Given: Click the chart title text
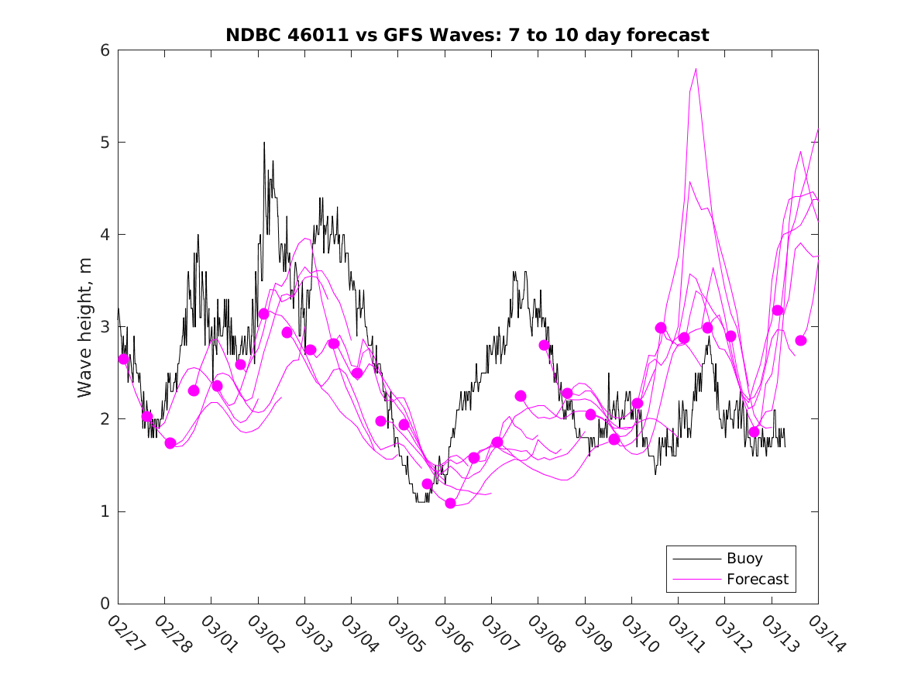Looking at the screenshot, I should coord(467,35).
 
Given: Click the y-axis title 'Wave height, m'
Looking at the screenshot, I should coord(86,328).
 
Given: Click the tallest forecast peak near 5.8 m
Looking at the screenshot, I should coord(696,69).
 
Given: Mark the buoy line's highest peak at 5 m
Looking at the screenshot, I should coord(264,143).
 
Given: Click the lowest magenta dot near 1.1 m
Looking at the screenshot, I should coord(450,503).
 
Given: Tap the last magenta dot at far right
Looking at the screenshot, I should coord(801,340).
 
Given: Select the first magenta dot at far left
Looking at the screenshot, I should coord(123,359).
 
